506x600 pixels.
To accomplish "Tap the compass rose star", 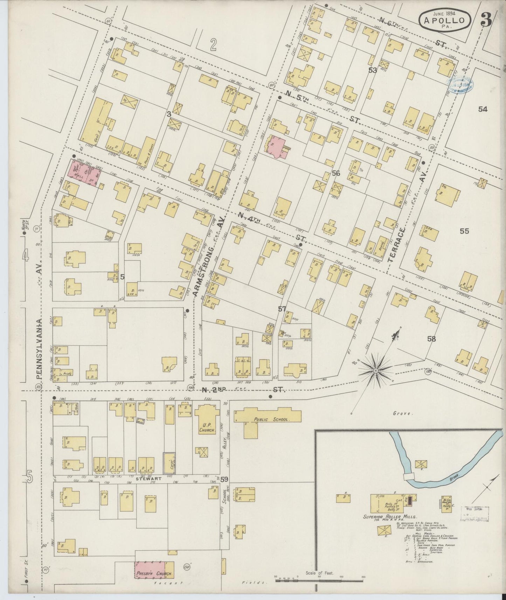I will (376, 370).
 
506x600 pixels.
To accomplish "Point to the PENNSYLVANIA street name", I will (39, 348).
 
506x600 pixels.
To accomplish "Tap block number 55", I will (464, 231).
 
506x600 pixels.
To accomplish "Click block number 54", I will (483, 109).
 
